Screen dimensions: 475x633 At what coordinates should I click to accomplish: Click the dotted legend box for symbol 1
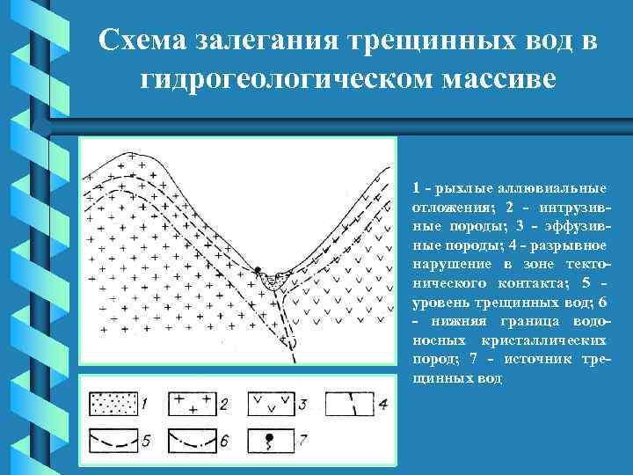pyautogui.click(x=113, y=404)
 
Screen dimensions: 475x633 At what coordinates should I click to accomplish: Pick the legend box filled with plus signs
pyautogui.click(x=191, y=404)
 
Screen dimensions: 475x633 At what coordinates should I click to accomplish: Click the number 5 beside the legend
pyautogui.click(x=146, y=438)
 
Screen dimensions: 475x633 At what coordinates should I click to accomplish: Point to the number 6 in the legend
pyautogui.click(x=224, y=438)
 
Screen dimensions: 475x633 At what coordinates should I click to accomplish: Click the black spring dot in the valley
pyautogui.click(x=258, y=269)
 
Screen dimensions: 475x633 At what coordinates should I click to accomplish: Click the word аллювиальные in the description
pyautogui.click(x=557, y=188)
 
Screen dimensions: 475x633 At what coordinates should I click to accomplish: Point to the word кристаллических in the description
pyautogui.click(x=559, y=340)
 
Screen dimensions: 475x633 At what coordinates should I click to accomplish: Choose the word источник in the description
pyautogui.click(x=543, y=360)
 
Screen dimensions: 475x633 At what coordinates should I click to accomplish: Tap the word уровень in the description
pyautogui.click(x=437, y=303)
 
